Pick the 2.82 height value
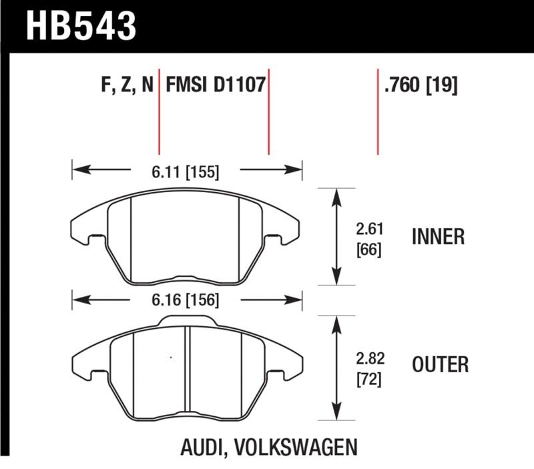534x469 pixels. point(368,356)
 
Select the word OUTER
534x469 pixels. point(440,365)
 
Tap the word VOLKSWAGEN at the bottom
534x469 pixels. point(296,446)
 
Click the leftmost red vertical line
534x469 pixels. point(160,110)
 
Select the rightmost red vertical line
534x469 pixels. point(378,110)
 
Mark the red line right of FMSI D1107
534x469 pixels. point(268,110)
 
